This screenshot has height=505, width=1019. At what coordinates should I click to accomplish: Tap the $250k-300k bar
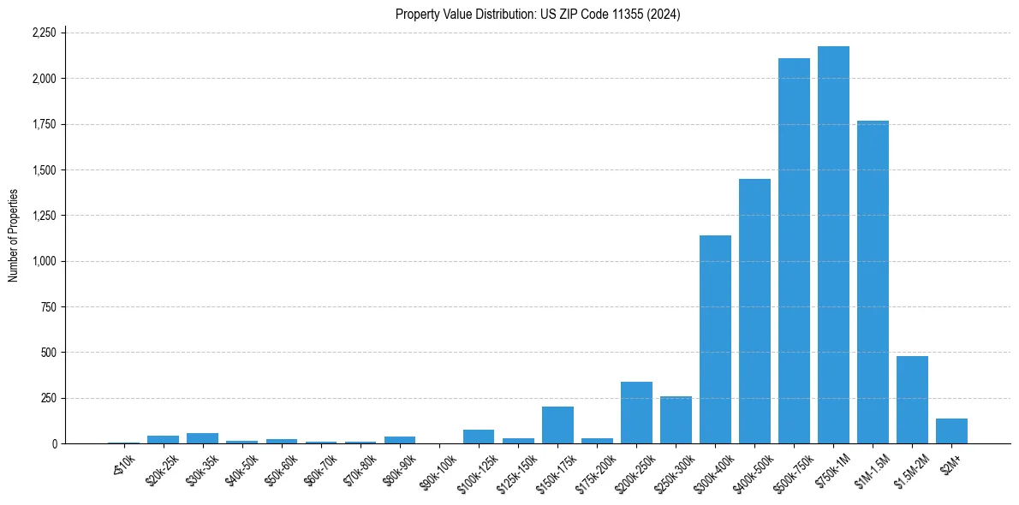pyautogui.click(x=676, y=420)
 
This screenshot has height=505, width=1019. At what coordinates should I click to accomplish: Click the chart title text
pyautogui.click(x=538, y=14)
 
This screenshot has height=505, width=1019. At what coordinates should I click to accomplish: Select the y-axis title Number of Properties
pyautogui.click(x=13, y=235)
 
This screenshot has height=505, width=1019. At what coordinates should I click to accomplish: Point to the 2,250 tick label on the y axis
pyautogui.click(x=43, y=33)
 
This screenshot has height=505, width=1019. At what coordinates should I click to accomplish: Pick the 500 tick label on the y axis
pyautogui.click(x=48, y=353)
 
